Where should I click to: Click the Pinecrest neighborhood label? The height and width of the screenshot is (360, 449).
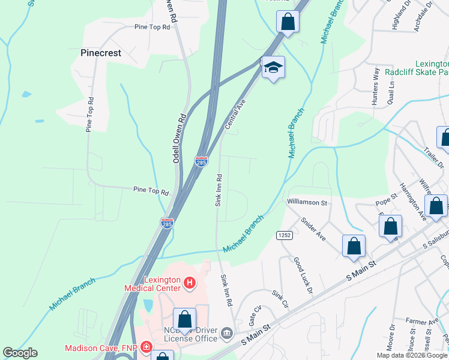pos(101,53)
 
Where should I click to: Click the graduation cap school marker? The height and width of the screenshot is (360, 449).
pos(273,67)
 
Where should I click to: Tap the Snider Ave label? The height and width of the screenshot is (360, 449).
pos(313,229)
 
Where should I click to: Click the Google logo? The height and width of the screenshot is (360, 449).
pos(20,353)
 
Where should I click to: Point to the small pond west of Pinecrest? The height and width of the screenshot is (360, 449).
pos(26,94)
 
